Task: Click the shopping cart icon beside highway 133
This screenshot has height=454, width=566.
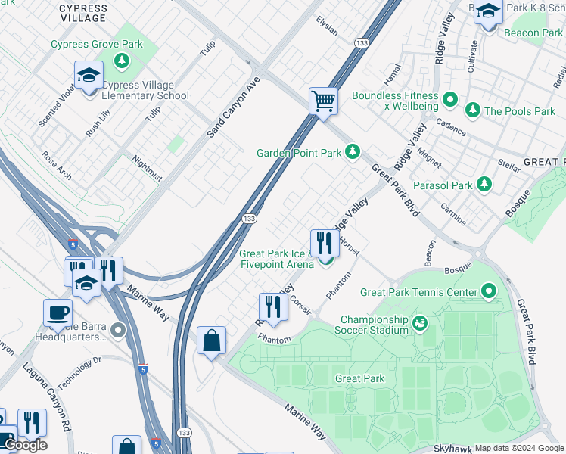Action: (x=323, y=101)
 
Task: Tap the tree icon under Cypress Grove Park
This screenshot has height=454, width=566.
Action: (x=120, y=60)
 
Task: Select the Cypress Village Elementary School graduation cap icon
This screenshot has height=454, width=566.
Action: (x=89, y=76)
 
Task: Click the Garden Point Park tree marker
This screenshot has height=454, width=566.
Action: (x=352, y=153)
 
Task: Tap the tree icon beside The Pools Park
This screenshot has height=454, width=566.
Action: (x=473, y=111)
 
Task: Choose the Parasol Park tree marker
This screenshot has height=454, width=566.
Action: (x=484, y=185)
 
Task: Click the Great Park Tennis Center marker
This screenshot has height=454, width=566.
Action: (x=489, y=291)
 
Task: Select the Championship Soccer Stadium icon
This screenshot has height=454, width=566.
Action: (x=420, y=324)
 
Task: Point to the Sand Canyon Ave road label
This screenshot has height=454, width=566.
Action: (x=233, y=107)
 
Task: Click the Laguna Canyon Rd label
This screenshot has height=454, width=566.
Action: (x=46, y=396)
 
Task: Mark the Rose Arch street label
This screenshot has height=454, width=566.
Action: (x=58, y=166)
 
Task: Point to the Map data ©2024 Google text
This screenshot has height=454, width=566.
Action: (x=518, y=448)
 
